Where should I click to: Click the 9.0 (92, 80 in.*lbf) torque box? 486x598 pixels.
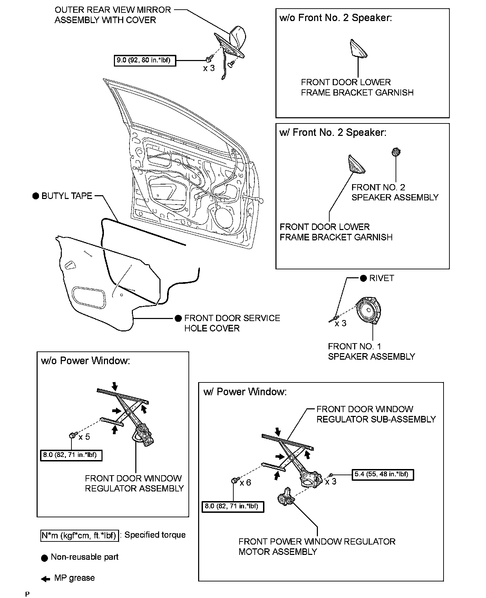[145, 61]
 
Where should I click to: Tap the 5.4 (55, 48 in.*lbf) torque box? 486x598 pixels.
[382, 475]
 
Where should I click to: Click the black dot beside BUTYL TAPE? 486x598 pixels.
[36, 196]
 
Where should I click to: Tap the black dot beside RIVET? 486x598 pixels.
[363, 278]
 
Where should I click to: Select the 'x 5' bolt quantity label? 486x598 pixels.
[84, 437]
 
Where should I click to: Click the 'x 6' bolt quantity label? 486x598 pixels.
[245, 482]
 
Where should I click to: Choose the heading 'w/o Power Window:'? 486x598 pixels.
[86, 361]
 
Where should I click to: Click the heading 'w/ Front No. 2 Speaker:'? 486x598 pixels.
[333, 132]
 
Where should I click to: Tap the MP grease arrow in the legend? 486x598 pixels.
[45, 579]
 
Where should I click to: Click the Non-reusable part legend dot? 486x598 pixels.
[44, 558]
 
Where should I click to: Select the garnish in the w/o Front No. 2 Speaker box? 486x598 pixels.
[358, 48]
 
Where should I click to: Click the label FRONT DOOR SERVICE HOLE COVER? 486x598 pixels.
[232, 323]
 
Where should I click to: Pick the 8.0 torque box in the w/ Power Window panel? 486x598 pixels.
[232, 506]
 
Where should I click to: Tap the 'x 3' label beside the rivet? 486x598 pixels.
[340, 323]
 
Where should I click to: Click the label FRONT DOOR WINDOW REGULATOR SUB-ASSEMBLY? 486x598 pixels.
[376, 414]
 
